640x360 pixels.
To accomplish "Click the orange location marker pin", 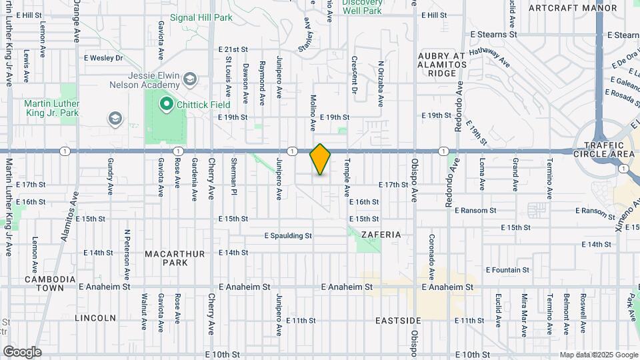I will (x=320, y=159).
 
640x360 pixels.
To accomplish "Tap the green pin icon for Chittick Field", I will (x=165, y=105).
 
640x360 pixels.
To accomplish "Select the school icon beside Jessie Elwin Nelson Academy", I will (x=190, y=80).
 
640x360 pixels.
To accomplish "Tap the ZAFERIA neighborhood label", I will (x=381, y=235).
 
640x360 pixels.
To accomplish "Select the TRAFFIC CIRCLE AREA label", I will (x=609, y=149).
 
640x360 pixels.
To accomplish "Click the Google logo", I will (x=22, y=352).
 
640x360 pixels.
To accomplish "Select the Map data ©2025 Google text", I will (x=598, y=355).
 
